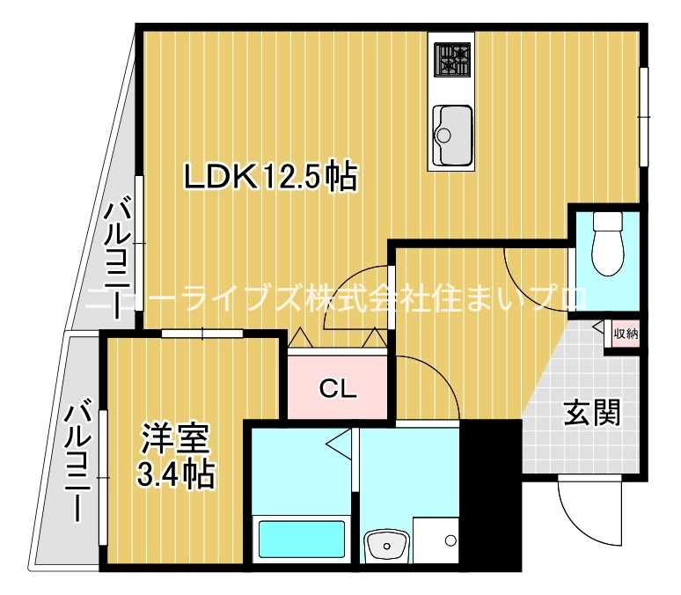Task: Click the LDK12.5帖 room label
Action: click(269, 177)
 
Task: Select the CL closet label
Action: click(337, 388)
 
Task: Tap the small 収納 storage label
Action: click(626, 333)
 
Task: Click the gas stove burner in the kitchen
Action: click(451, 57)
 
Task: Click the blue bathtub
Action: click(299, 539)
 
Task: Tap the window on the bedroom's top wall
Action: click(202, 333)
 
